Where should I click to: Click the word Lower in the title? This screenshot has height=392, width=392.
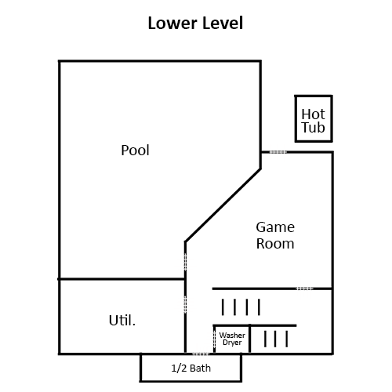172,23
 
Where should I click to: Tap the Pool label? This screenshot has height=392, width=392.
135,151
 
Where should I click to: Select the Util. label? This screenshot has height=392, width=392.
122,320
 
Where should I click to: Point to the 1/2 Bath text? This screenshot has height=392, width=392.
191,368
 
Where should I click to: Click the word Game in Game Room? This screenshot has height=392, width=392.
275,227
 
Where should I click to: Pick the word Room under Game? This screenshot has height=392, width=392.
275,244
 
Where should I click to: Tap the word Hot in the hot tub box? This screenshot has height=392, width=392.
313,114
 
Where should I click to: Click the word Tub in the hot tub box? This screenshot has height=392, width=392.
313,128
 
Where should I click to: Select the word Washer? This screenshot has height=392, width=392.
232,335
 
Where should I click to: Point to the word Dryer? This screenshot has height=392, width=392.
232,343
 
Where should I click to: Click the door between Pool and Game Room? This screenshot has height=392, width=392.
185,262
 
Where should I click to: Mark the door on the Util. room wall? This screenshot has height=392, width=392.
185,304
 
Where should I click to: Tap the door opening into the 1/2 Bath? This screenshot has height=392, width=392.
201,354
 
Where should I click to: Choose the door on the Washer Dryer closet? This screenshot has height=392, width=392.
214,339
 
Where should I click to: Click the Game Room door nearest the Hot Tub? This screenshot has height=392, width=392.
278,152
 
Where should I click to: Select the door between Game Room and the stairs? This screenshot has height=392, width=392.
304,289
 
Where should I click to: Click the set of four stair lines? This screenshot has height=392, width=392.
241,307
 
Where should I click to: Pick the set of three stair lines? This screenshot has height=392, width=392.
276,339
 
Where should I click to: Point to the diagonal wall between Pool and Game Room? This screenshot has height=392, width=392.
223,205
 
